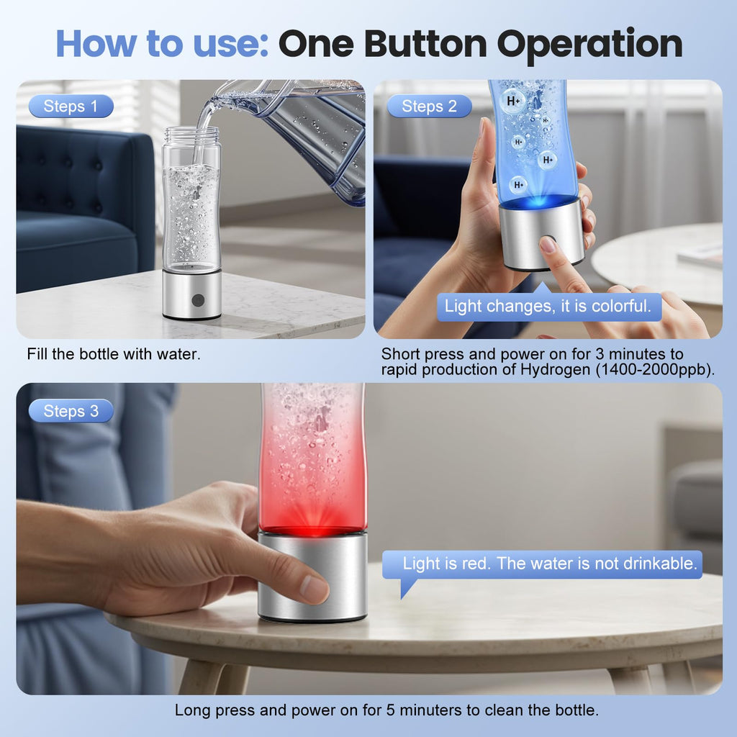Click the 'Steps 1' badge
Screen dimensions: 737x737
coord(71,107)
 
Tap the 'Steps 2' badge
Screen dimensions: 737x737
coord(429,107)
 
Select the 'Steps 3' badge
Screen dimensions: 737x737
coord(71,411)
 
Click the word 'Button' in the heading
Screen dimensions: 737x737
coord(425,44)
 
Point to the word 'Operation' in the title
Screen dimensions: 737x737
coord(590,45)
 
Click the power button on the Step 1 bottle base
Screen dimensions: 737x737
coord(198,299)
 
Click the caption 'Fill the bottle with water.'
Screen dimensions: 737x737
coord(114,354)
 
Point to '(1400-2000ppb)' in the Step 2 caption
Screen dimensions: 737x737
coord(655,369)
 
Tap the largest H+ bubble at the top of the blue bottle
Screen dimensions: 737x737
coord(513,101)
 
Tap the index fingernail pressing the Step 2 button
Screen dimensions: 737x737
coord(548,244)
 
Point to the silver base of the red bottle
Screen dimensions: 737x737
coord(313,577)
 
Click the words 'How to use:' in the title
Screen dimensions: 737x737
coord(162,44)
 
